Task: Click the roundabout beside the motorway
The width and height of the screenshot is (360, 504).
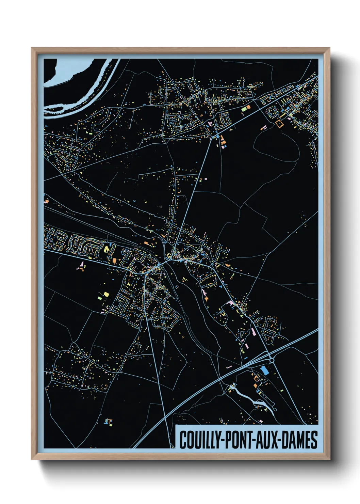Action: pos(272,360)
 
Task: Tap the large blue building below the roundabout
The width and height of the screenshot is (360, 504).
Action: pos(264,370)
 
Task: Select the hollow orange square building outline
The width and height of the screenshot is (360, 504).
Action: pos(279,124)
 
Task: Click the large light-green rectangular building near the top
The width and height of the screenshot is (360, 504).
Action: pos(244,109)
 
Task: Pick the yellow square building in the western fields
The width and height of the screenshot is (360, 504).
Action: pos(106,294)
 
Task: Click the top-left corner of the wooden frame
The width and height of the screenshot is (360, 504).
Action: pos(32,48)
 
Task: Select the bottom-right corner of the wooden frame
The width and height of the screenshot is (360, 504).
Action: pos(329,459)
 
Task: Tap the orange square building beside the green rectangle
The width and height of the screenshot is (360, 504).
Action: pos(248,107)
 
